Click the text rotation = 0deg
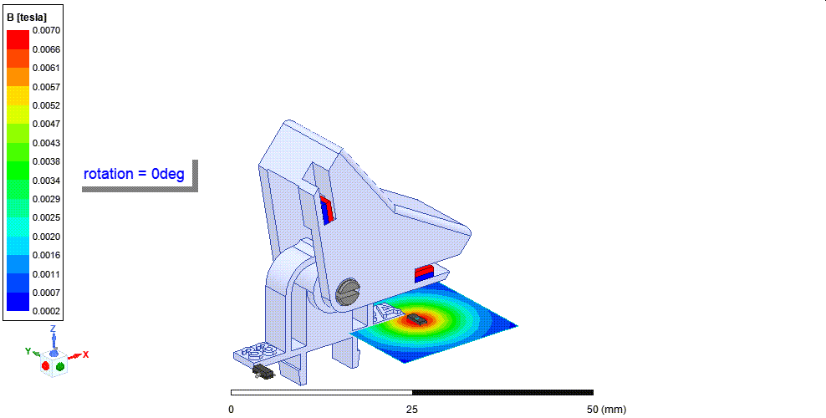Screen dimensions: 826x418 point(134,174)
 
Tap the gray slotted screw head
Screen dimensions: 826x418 point(347,292)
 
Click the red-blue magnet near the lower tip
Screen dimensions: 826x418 point(424,273)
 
